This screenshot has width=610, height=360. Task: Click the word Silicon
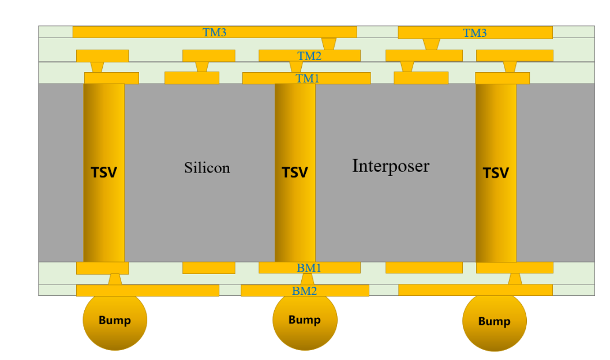[x=207, y=168]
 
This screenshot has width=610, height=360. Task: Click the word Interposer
[x=391, y=166]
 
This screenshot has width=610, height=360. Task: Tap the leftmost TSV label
[x=104, y=172]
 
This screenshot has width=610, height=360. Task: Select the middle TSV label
[x=295, y=172]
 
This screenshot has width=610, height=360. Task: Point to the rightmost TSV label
[x=496, y=172]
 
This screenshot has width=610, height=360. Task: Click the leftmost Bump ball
[x=115, y=320]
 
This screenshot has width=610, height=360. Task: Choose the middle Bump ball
[x=305, y=320]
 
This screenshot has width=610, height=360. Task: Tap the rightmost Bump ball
[x=495, y=321]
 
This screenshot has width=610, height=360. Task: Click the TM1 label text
[x=307, y=78]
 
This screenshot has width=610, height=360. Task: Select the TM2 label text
[x=309, y=56]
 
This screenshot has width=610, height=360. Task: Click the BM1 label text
[x=309, y=268]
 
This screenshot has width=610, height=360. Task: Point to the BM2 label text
[x=304, y=291]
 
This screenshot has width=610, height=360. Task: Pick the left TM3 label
[x=214, y=32]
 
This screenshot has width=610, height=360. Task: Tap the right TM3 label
[x=474, y=33]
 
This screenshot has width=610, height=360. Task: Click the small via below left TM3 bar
[x=329, y=44]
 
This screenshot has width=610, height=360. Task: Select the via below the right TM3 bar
[x=431, y=44]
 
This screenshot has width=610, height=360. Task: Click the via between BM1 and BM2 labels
[x=308, y=279]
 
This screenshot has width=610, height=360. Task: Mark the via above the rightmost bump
[x=515, y=279]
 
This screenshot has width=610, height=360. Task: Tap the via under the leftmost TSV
[x=115, y=279]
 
